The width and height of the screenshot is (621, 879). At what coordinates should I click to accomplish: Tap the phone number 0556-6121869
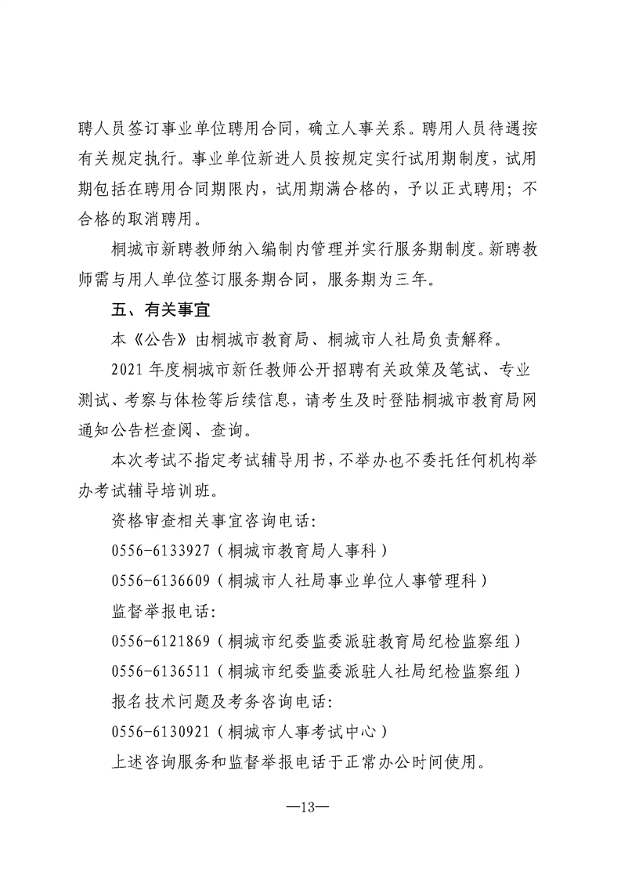coord(161,642)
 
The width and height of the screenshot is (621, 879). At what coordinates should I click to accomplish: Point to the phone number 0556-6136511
coord(161,671)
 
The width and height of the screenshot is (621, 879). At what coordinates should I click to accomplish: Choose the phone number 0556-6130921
coord(161,732)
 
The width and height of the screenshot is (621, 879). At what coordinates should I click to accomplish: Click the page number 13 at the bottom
coord(310,807)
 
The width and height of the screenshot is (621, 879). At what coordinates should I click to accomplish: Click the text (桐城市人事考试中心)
coord(302,732)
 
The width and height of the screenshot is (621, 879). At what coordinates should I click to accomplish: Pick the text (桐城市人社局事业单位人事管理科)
coord(353,580)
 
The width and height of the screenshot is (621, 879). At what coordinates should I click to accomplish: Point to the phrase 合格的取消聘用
coord(136,219)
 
